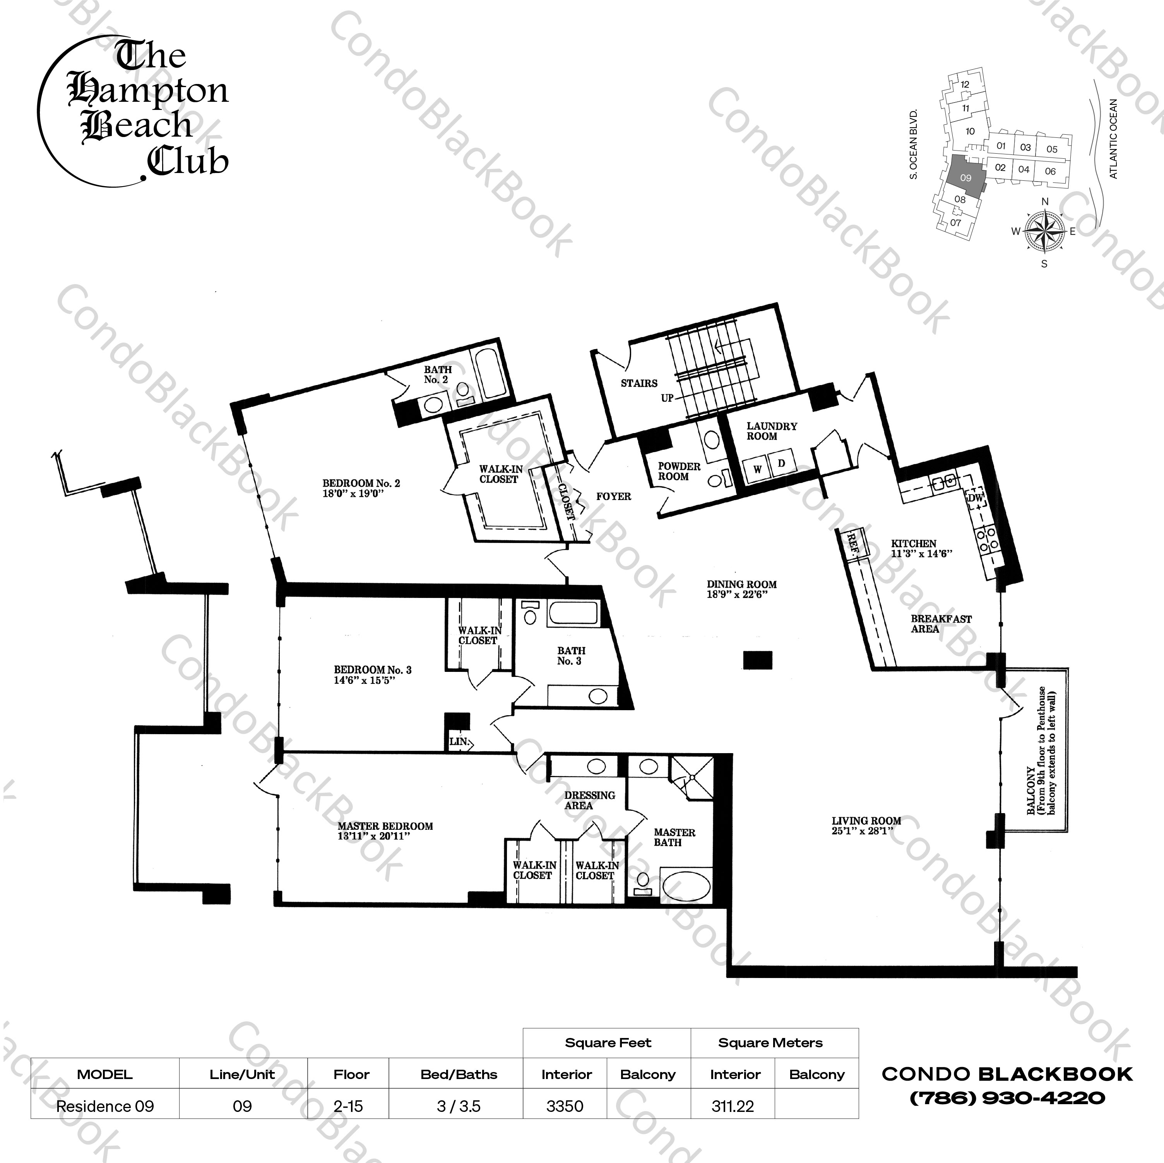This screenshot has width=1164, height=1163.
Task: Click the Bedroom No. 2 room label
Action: (x=361, y=483)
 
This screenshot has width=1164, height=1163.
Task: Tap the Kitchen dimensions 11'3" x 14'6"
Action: (x=921, y=553)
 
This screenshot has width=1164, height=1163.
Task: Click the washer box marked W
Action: (x=757, y=469)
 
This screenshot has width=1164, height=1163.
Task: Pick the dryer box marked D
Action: (x=781, y=463)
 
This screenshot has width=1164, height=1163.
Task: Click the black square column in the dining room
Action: (x=757, y=660)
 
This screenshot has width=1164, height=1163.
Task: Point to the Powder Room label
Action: (x=678, y=471)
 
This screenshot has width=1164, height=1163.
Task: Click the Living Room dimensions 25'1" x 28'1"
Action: (x=862, y=831)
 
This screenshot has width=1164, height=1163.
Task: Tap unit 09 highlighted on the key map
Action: (x=965, y=178)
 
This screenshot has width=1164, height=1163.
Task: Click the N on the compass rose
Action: (x=1045, y=202)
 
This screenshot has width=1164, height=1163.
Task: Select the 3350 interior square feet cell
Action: (x=565, y=1106)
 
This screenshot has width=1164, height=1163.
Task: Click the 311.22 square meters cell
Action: (x=732, y=1106)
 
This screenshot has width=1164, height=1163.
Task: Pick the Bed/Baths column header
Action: (x=459, y=1074)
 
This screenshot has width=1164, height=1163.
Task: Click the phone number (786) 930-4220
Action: (x=1007, y=1098)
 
